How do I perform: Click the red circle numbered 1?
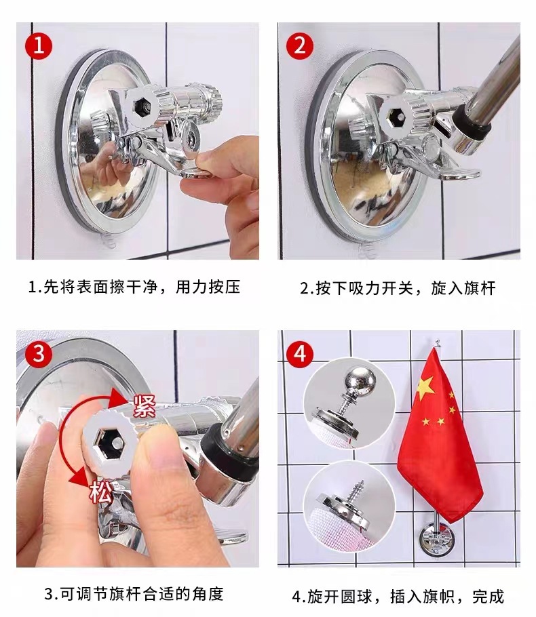(39, 46)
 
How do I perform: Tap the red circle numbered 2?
(300, 46)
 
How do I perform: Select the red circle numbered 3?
(39, 354)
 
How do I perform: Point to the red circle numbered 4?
(300, 354)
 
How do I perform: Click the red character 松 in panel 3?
(101, 492)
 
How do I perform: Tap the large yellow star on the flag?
(425, 388)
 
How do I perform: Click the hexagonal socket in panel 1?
(142, 106)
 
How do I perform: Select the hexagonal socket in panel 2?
(396, 117)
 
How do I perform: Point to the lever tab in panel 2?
(459, 174)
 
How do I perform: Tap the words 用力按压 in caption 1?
(208, 286)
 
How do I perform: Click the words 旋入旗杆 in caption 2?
(463, 287)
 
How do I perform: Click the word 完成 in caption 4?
(489, 596)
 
